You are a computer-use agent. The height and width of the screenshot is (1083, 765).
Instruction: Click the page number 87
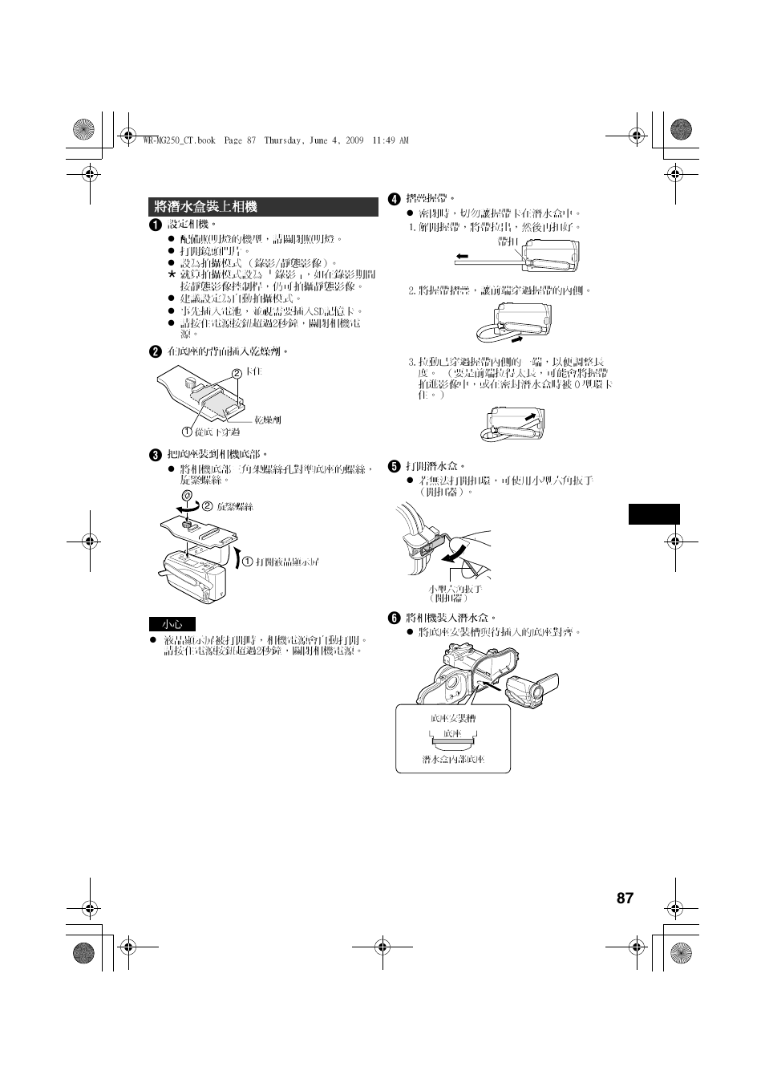625,898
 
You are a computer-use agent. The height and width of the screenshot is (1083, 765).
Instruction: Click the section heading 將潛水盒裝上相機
206,207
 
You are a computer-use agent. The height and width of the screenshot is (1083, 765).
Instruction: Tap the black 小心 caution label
172,624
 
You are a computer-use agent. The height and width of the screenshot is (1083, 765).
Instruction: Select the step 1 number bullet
155,225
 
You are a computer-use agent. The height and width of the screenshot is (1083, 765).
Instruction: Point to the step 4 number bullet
394,198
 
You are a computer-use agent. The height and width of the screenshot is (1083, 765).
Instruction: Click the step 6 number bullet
394,618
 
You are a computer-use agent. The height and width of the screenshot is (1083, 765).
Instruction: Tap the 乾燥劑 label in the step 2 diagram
267,420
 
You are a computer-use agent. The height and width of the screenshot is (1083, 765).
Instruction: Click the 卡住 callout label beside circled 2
253,372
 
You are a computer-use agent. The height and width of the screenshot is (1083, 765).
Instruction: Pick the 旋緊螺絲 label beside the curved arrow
235,507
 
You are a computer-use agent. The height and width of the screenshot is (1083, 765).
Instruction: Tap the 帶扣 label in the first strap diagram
508,241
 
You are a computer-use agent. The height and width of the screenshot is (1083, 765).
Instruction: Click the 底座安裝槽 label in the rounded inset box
453,718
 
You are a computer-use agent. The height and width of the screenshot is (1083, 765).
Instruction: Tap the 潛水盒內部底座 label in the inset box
453,758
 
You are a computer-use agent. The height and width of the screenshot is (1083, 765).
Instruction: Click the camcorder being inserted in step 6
532,689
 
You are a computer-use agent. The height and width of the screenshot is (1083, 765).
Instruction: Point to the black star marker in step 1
171,274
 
